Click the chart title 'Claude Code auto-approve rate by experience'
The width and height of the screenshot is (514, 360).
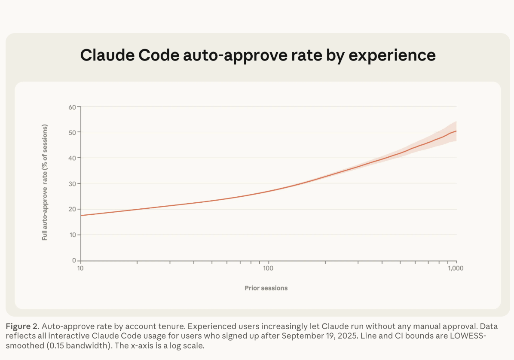pyautogui.click(x=258, y=55)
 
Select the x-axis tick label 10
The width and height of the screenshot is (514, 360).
pyautogui.click(x=80, y=268)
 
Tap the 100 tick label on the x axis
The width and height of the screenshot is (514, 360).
pyautogui.click(x=268, y=268)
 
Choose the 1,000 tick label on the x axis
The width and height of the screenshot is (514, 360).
pyautogui.click(x=456, y=268)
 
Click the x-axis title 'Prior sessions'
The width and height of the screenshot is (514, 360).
pyautogui.click(x=266, y=288)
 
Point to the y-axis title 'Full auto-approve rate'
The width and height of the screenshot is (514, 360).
pyautogui.click(x=45, y=182)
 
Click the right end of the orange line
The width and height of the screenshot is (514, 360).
pyautogui.click(x=456, y=131)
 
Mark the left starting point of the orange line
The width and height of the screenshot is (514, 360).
pyautogui.click(x=81, y=215)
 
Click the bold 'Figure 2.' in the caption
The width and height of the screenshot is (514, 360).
pyautogui.click(x=23, y=326)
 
